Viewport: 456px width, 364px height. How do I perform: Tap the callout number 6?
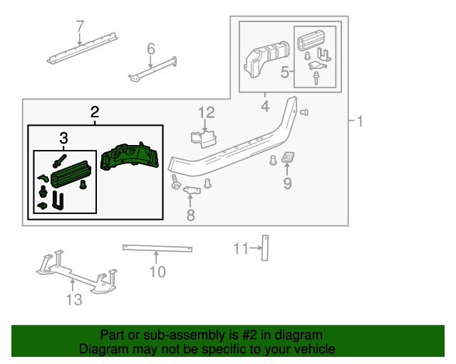pyautogui.click(x=151, y=48)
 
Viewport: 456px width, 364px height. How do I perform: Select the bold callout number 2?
pyautogui.click(x=95, y=112)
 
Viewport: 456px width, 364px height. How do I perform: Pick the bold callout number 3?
pyautogui.click(x=63, y=136)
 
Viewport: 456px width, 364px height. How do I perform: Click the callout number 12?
pyautogui.click(x=207, y=112)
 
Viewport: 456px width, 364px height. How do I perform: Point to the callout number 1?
pyautogui.click(x=360, y=122)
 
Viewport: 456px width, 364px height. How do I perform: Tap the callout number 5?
pyautogui.click(x=285, y=72)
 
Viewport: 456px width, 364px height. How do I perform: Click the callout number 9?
pyautogui.click(x=288, y=184)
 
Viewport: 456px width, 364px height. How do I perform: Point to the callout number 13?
pyautogui.click(x=74, y=299)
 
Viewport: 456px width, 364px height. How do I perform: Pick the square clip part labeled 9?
pyautogui.click(x=289, y=158)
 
